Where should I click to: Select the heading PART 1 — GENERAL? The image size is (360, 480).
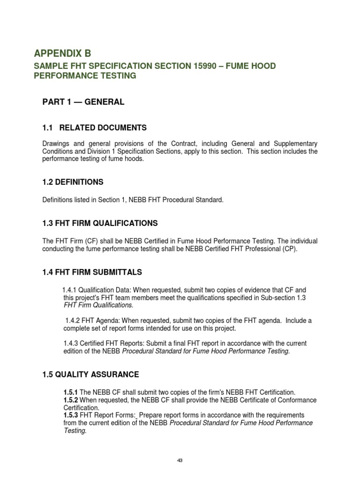click(x=84, y=102)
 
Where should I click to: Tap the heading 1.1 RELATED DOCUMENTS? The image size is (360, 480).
click(x=95, y=127)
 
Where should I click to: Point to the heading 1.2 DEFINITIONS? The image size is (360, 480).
click(x=73, y=182)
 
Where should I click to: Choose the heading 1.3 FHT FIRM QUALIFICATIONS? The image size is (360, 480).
click(x=100, y=223)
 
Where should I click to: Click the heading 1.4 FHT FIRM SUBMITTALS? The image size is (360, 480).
click(x=92, y=272)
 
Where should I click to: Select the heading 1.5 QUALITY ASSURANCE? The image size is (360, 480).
click(x=91, y=375)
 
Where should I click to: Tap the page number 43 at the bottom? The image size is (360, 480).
click(x=180, y=460)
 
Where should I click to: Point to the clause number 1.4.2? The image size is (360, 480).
click(x=72, y=321)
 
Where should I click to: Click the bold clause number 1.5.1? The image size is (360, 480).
click(x=71, y=392)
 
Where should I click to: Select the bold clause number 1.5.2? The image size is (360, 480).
click(x=71, y=400)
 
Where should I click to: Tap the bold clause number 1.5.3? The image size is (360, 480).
click(x=71, y=415)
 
